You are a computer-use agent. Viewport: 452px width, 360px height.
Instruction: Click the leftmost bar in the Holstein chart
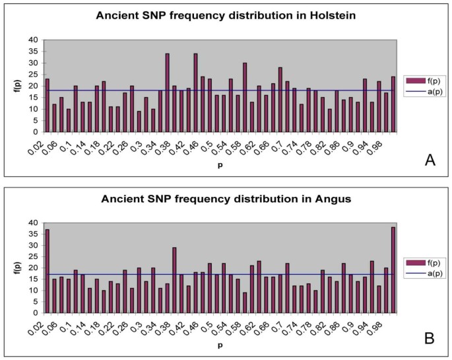click(x=48, y=105)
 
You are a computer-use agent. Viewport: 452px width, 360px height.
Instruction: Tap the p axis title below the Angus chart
click(x=220, y=345)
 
